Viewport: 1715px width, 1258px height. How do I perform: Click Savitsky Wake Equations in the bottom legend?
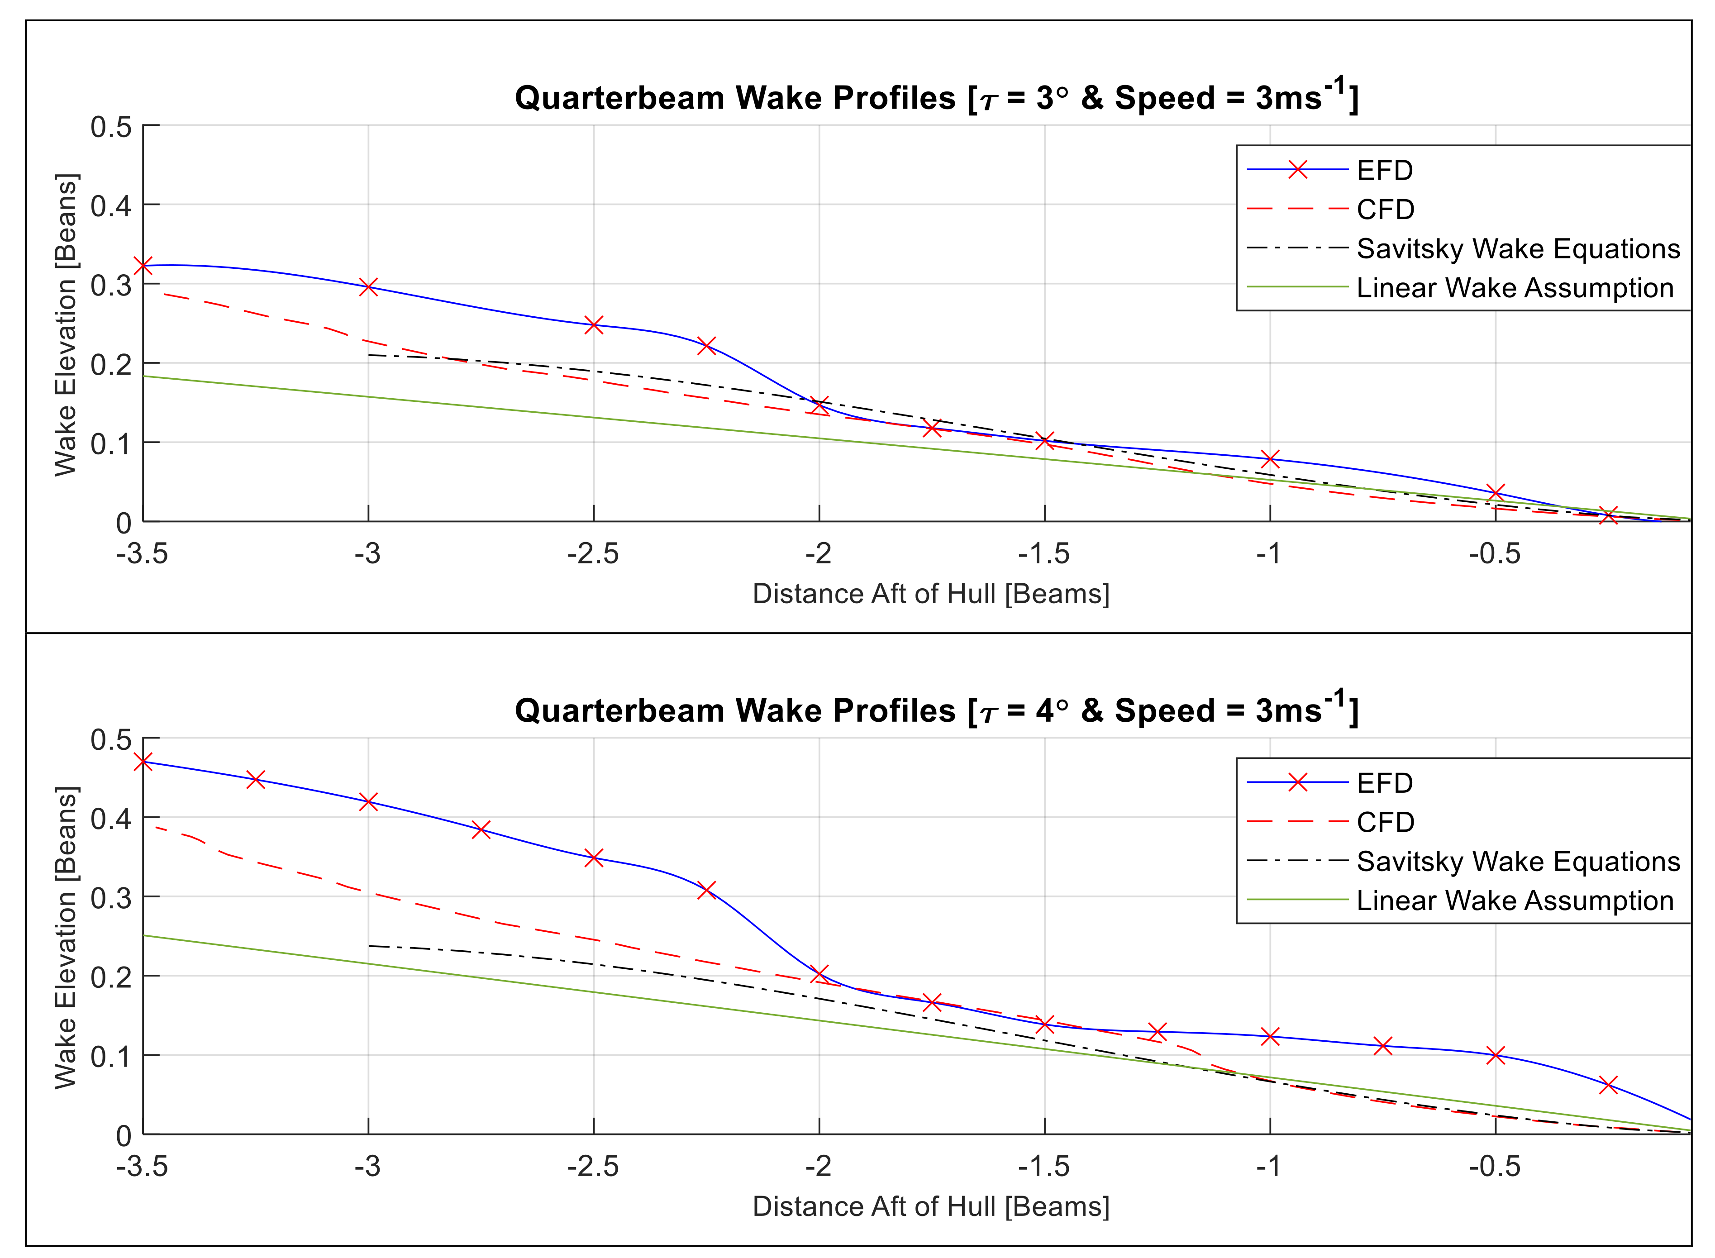coord(1518,861)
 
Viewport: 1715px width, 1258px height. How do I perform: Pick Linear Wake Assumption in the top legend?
coord(1515,288)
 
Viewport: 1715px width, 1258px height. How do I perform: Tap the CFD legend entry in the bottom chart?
coord(1385,822)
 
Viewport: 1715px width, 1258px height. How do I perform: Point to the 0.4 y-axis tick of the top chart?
coord(110,205)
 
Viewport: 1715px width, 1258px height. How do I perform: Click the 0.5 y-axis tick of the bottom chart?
coord(110,739)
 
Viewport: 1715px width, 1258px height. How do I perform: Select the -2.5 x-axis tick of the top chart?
coord(593,553)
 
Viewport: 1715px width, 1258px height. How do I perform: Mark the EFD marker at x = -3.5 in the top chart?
coord(143,266)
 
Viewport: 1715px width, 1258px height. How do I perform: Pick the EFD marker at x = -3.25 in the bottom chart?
coord(256,779)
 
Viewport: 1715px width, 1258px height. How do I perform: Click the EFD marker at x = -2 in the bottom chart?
coord(819,974)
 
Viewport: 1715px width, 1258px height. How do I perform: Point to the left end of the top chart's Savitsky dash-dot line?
coord(369,355)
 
